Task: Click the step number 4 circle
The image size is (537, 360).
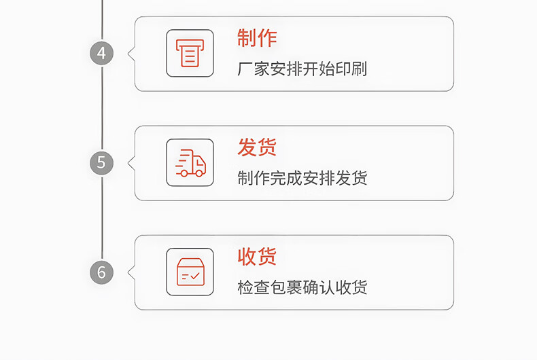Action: tap(101, 53)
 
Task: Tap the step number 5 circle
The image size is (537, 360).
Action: tap(101, 162)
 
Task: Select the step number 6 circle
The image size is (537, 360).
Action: tap(101, 272)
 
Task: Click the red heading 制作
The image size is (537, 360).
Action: tap(257, 38)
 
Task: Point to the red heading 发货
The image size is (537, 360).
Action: tap(257, 147)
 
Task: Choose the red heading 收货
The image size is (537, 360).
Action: tap(257, 257)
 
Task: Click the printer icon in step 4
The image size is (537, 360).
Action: tap(190, 53)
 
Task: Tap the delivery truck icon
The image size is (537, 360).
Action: tap(190, 163)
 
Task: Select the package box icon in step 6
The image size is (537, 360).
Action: tap(190, 272)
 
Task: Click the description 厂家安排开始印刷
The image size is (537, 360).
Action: tap(302, 69)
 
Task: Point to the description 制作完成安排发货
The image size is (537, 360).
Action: tap(302, 179)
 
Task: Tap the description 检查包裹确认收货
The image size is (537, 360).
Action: tap(302, 287)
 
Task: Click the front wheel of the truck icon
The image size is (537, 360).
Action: tap(199, 173)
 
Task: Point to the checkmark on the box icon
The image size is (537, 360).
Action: tap(195, 276)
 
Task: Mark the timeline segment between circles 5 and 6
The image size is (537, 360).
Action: tap(102, 217)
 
